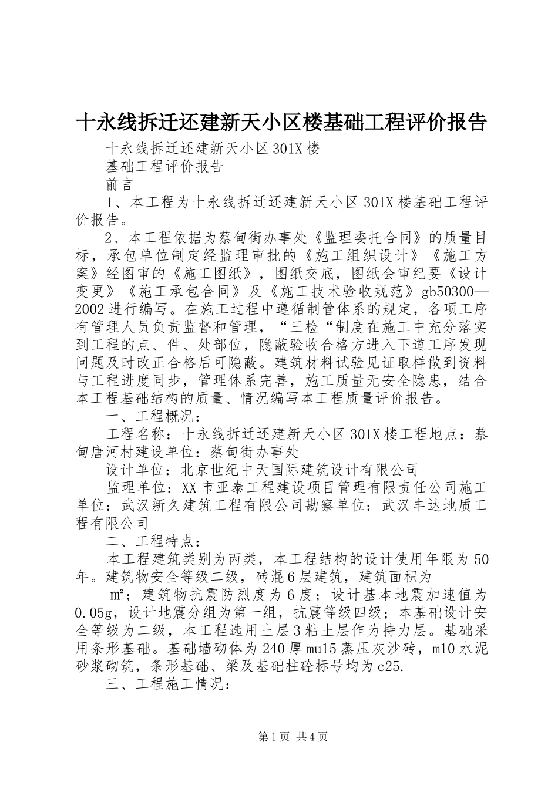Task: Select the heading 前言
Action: click(120, 184)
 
